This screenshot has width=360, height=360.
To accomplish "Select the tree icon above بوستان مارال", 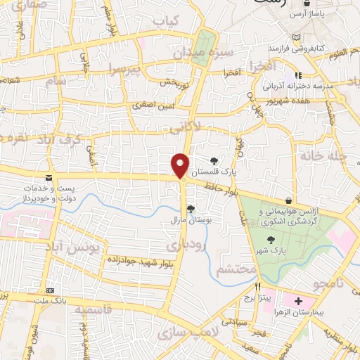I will [x=191, y=208].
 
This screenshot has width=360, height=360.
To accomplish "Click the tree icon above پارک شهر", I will [x=272, y=240].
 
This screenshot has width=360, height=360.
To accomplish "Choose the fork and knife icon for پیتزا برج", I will [x=258, y=286].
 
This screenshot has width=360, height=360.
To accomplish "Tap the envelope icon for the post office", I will [x=49, y=179].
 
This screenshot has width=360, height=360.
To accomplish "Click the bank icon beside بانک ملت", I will [x=49, y=290].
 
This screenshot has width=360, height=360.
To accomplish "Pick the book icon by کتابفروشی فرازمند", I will [x=295, y=37].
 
